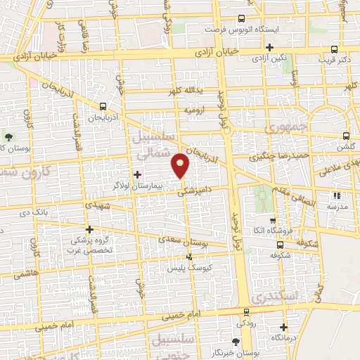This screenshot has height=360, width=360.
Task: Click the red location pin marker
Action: pos(181,165)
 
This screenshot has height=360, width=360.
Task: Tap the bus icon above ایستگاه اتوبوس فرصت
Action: pos(242,20)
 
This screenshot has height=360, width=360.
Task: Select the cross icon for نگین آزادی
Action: pos(270,47)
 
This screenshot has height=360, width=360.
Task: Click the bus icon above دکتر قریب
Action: pos(334,50)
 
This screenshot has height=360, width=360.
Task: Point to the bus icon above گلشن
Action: pos(345,136)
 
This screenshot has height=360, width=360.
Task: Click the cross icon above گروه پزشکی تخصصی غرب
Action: pos(89,229)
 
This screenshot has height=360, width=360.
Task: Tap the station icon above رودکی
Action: pos(245,311)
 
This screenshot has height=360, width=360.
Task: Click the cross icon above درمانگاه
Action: pos(283,327)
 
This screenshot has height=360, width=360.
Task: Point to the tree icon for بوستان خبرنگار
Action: pos(236,342)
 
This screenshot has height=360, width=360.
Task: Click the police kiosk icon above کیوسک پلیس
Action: pos(188,257)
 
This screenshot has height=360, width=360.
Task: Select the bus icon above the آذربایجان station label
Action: pos(103,106)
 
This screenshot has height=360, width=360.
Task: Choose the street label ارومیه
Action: pos(194,111)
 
